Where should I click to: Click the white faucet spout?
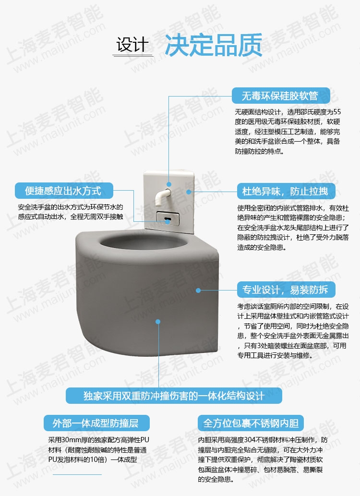tap(162, 197)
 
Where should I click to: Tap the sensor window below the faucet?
tap(168, 218)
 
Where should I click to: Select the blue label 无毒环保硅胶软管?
tap(281, 96)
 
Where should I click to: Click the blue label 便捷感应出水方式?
tap(64, 191)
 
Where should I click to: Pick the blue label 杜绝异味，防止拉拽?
tap(286, 191)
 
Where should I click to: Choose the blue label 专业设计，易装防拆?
tap(286, 290)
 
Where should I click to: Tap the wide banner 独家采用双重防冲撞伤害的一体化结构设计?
tap(174, 396)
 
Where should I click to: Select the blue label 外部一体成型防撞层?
tap(96, 423)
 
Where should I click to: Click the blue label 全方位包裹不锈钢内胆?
tap(251, 423)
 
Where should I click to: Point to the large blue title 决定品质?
tap(214, 45)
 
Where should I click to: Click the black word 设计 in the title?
tap(132, 44)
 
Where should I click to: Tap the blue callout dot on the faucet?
tap(169, 184)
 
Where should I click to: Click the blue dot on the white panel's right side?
tap(189, 192)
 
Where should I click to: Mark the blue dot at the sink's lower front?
tap(158, 322)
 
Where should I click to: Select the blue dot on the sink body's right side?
tap(198, 290)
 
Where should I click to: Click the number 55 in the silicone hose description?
tap(337, 112)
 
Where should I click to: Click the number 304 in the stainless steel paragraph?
tap(250, 440)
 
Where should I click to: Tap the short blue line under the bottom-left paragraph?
tap(77, 474)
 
